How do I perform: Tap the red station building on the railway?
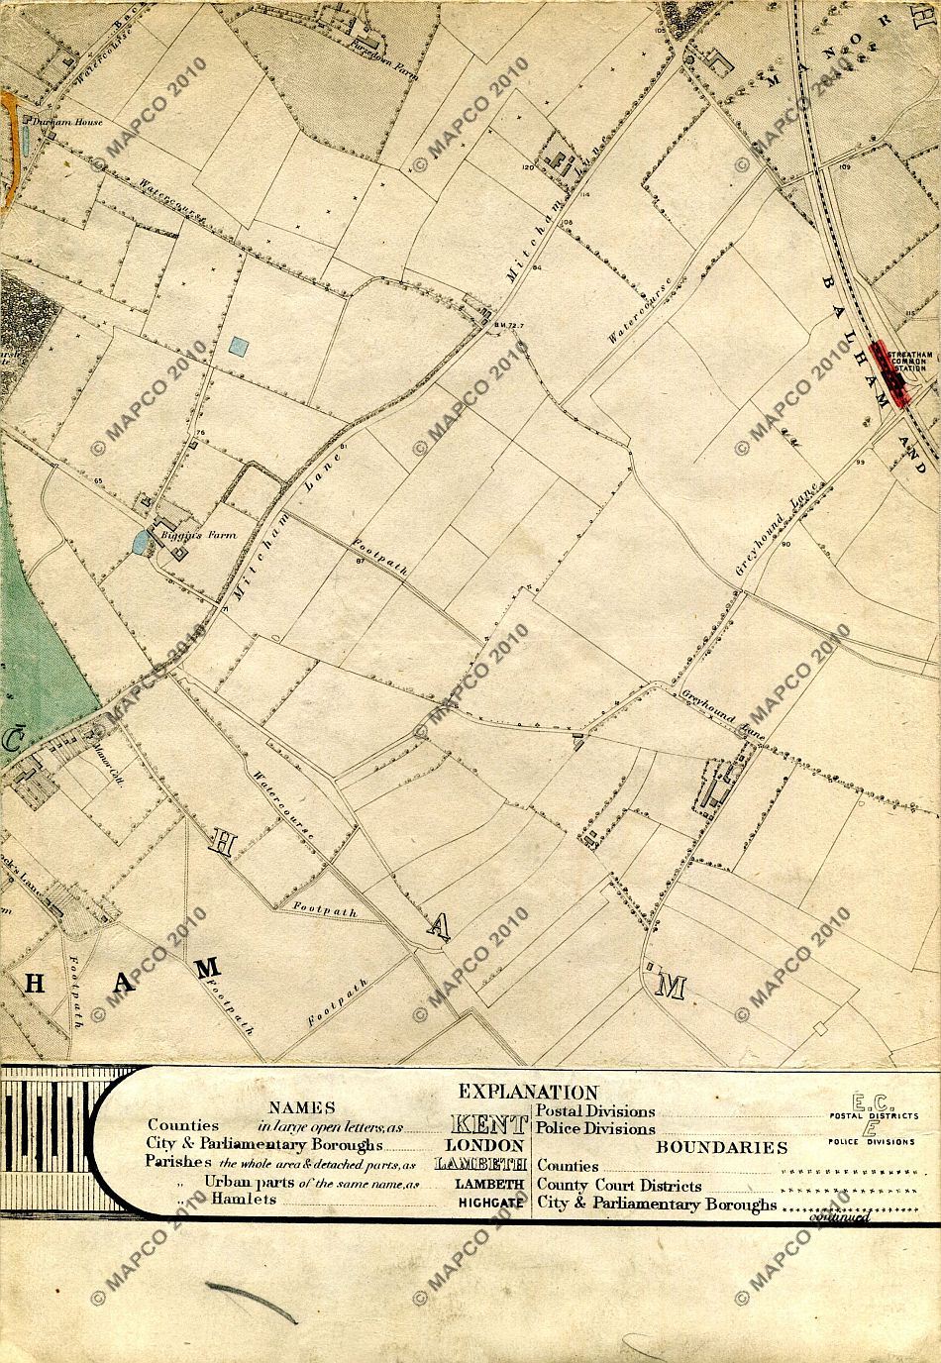[x=889, y=373]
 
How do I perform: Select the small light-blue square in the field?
[x=238, y=346]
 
